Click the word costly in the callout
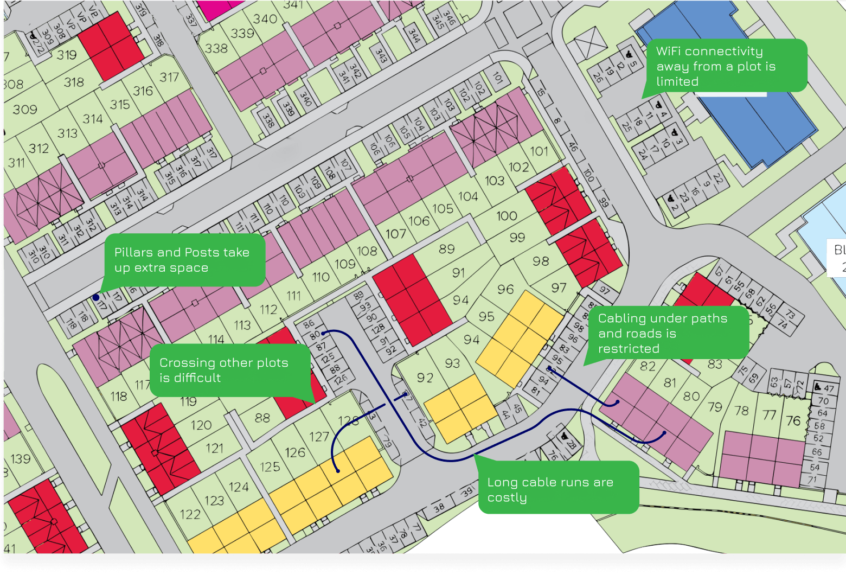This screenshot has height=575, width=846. pyautogui.click(x=507, y=498)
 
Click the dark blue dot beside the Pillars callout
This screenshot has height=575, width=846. pyautogui.click(x=96, y=297)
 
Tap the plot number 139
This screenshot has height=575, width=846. pyautogui.click(x=21, y=459)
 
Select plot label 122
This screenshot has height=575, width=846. pyautogui.click(x=190, y=514)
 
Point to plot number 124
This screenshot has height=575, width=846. pyautogui.click(x=239, y=487)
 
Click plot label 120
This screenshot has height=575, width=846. pyautogui.click(x=201, y=425)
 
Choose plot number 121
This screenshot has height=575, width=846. pyautogui.click(x=215, y=448)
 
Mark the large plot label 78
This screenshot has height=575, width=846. pyautogui.click(x=741, y=411)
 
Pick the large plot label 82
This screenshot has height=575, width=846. pyautogui.click(x=648, y=366)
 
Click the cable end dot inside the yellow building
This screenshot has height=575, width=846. pyautogui.click(x=338, y=471)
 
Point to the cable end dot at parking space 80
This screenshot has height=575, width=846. pyautogui.click(x=324, y=333)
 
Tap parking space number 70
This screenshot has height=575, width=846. pyautogui.click(x=823, y=401)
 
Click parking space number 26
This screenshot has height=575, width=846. pyautogui.click(x=598, y=77)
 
